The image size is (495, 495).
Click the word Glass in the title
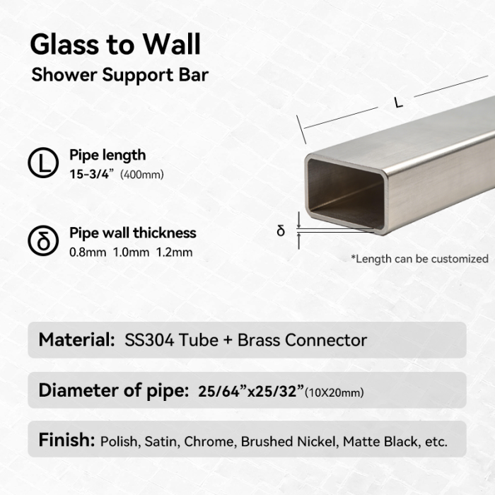click(64, 45)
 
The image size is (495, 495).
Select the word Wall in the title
click(172, 44)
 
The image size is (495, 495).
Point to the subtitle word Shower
click(64, 75)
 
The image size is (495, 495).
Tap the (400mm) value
click(142, 175)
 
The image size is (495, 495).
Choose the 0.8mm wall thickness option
click(88, 252)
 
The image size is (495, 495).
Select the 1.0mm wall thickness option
click(131, 252)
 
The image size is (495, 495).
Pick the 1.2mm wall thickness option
click(174, 252)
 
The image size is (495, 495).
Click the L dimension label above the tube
click(399, 103)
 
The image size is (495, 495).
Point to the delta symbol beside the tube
click(280, 231)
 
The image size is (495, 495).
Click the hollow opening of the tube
click(345, 194)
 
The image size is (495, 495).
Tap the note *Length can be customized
click(420, 259)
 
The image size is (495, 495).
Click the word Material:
click(76, 340)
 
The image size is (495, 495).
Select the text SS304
click(149, 340)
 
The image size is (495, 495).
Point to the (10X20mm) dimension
click(334, 392)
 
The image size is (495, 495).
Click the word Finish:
click(66, 440)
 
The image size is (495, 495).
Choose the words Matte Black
click(380, 441)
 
